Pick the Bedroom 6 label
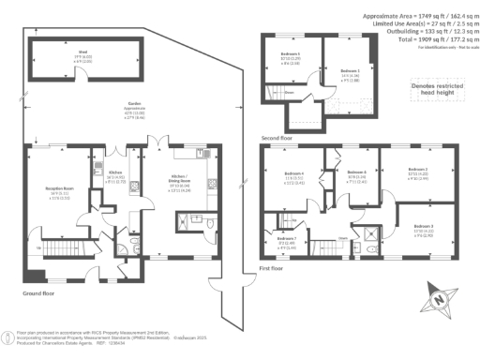tap(357, 174)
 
